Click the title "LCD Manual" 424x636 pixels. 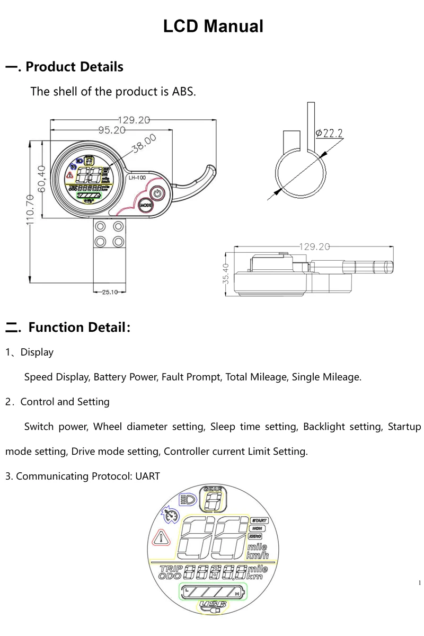click(x=213, y=26)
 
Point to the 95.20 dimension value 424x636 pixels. click(x=112, y=130)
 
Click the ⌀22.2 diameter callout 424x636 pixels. click(x=329, y=133)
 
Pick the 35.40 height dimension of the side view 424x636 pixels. click(x=226, y=273)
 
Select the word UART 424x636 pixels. click(x=147, y=476)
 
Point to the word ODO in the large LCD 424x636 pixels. click(x=170, y=576)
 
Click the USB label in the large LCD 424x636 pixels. click(x=213, y=604)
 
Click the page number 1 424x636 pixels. click(x=420, y=584)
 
